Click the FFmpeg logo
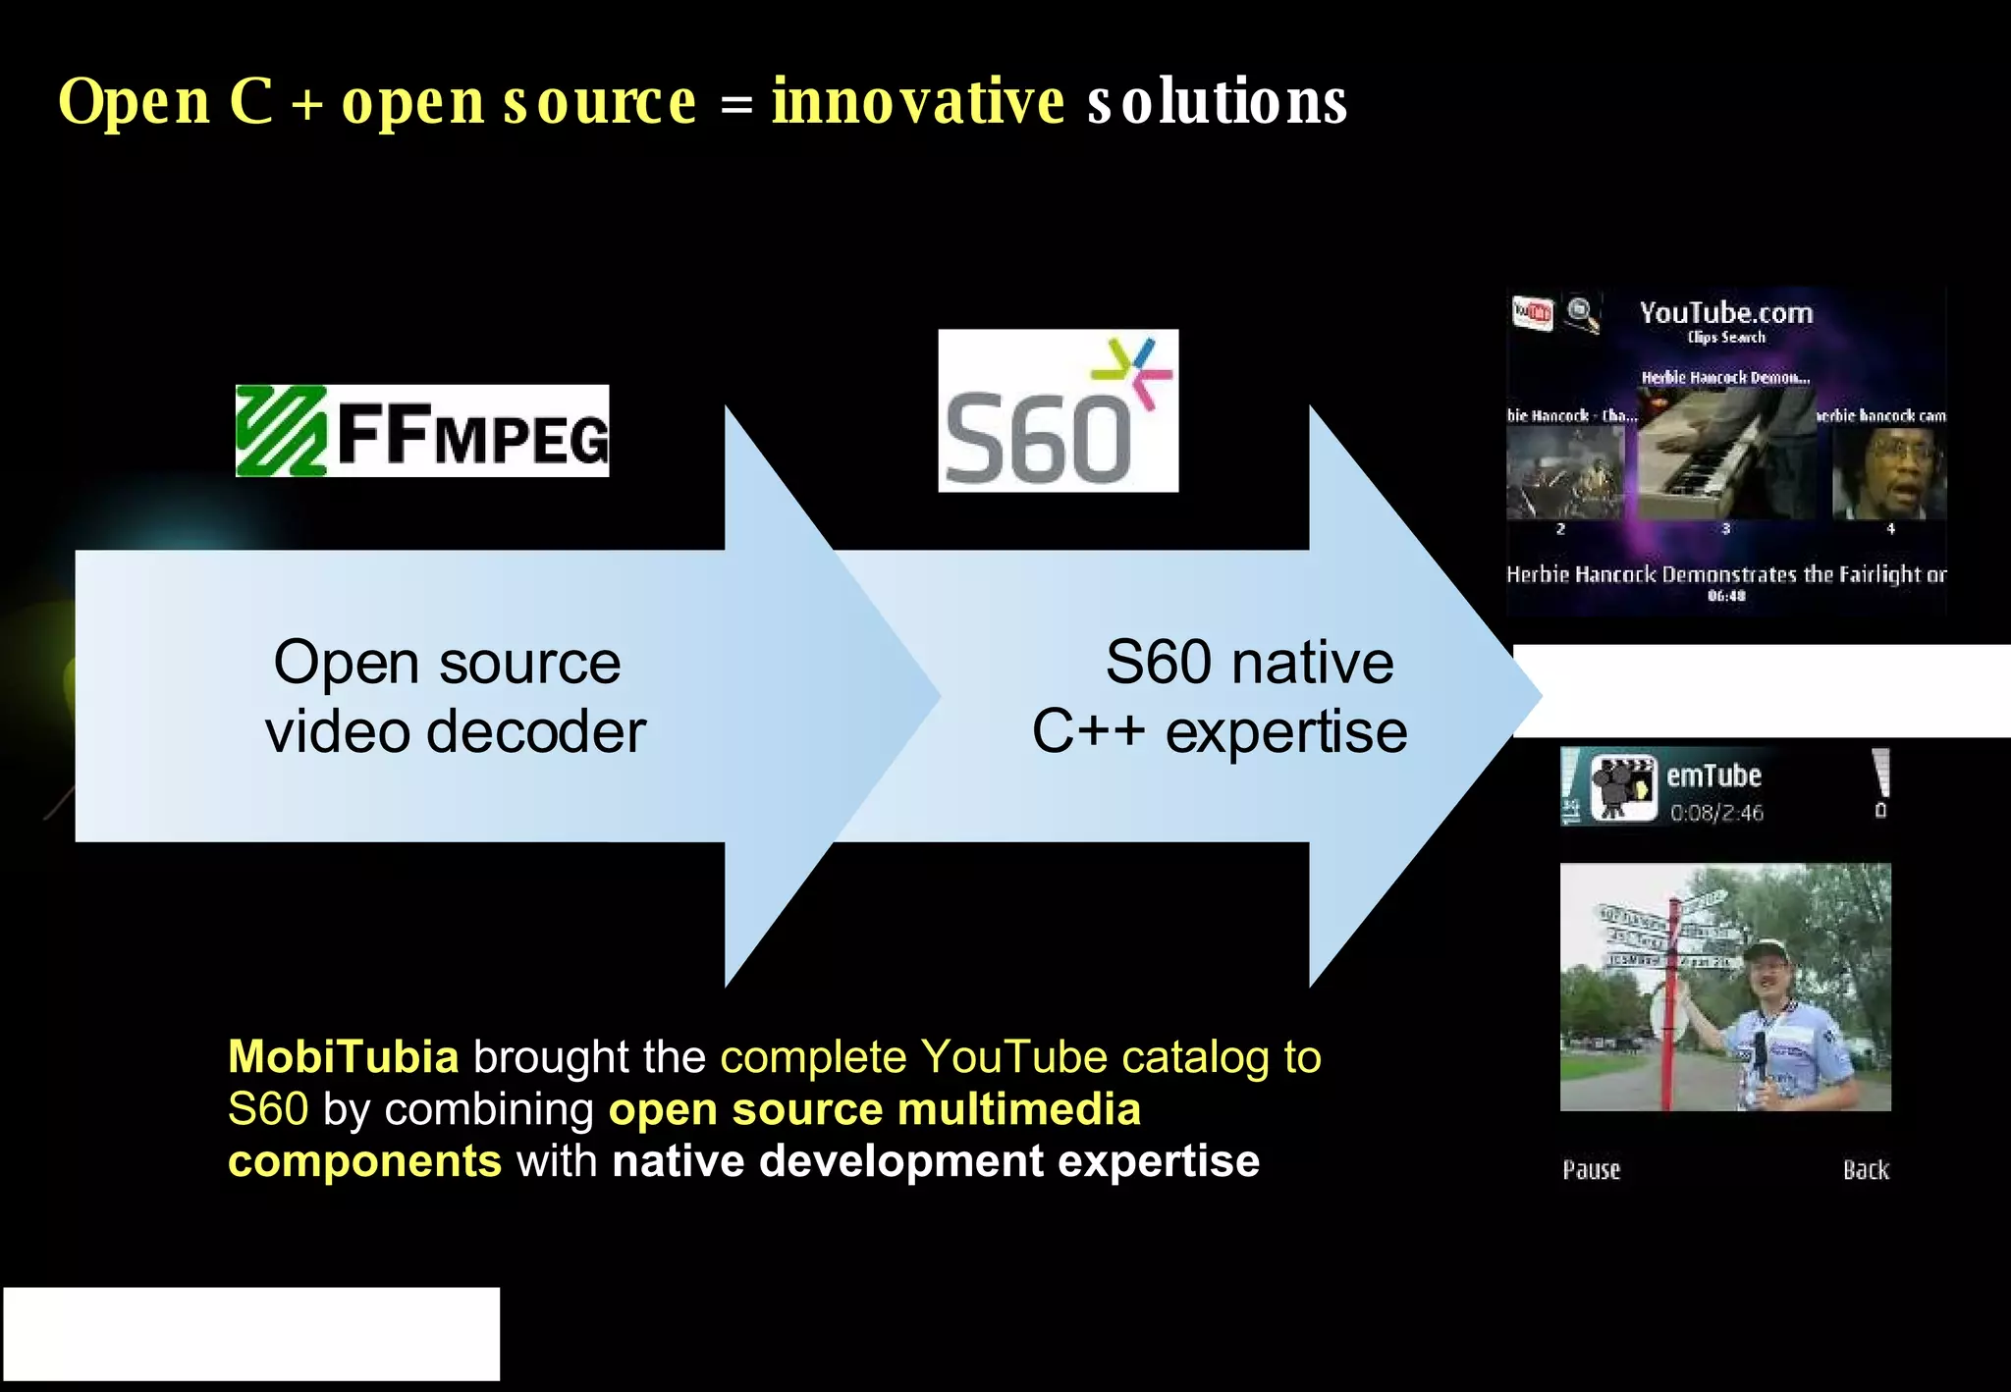pos(422,431)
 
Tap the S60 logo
pos(1058,410)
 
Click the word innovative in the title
pos(917,101)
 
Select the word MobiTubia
pos(344,1057)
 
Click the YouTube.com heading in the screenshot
pos(1725,313)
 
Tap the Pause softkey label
pos(1591,1169)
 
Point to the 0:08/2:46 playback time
pos(1716,813)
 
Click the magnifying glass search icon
pos(1581,314)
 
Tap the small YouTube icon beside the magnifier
pos(1533,313)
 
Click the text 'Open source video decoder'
pos(454,697)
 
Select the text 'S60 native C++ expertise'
pos(1221,697)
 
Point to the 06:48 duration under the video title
pos(1725,596)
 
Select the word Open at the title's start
pos(135,101)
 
